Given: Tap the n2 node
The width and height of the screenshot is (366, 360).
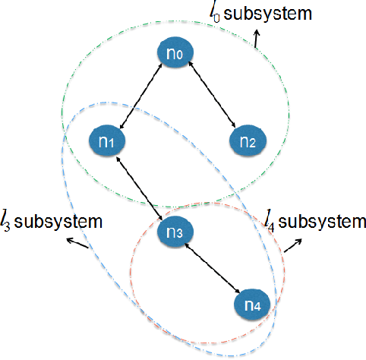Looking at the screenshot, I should pos(248,141).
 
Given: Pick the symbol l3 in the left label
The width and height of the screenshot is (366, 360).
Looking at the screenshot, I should pos(7,223).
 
